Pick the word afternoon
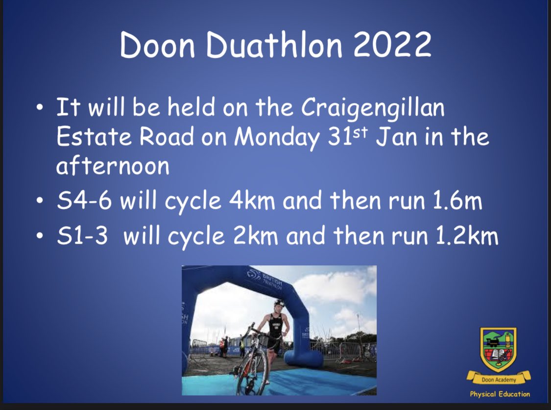[113, 166]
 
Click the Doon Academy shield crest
[498, 349]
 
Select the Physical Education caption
[500, 394]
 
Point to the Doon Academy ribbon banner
[498, 379]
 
